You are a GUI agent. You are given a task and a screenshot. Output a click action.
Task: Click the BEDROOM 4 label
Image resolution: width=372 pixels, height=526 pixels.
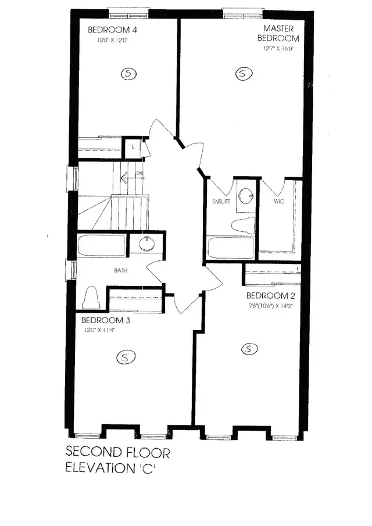coord(112,30)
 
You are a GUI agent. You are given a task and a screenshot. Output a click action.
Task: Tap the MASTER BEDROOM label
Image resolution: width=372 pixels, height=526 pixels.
coord(281,34)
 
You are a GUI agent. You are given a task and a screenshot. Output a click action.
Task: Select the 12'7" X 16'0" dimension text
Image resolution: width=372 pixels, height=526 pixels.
coord(278,49)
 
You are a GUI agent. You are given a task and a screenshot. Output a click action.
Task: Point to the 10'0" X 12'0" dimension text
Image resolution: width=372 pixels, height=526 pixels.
coord(112,41)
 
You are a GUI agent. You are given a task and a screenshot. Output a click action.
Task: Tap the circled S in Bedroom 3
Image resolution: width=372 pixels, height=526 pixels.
coord(125,357)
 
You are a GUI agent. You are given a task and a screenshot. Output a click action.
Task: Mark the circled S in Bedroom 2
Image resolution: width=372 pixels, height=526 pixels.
coord(249,349)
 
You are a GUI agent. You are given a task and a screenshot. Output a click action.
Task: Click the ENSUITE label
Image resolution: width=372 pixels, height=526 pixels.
coord(221,202)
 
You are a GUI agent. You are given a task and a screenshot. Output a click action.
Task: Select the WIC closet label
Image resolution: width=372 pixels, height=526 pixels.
coord(278,202)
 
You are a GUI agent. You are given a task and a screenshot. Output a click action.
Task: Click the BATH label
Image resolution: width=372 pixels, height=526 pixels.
coord(121,270)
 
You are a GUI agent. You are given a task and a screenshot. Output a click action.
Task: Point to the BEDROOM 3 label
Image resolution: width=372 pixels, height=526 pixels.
coord(106,320)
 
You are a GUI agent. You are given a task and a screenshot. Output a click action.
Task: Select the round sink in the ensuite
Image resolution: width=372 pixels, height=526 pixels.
coord(246,194)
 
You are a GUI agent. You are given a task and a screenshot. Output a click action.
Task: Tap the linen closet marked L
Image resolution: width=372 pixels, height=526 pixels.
coord(133,147)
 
